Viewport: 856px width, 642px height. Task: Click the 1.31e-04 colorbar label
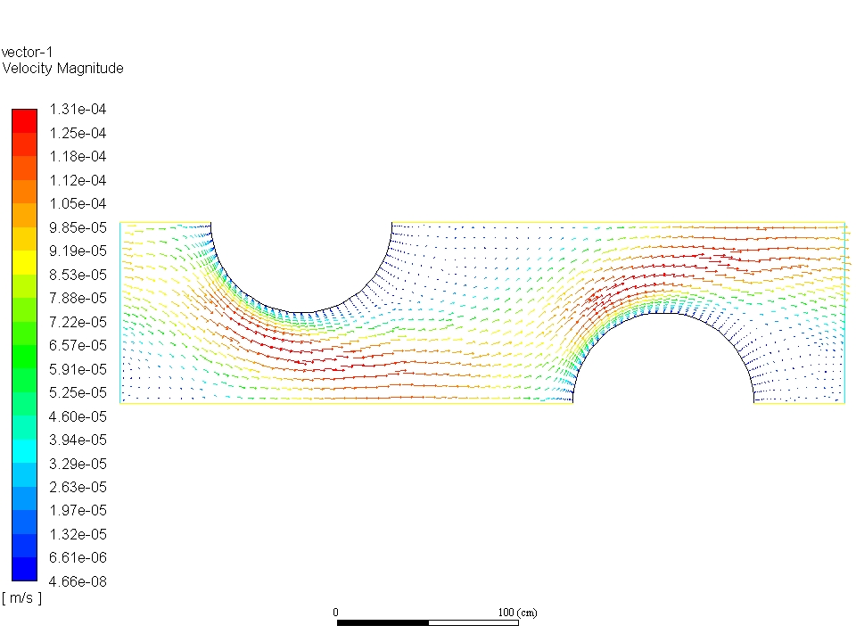click(x=78, y=109)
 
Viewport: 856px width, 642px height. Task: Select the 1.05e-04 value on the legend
click(x=78, y=203)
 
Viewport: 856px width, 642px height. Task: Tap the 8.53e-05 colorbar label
click(x=78, y=275)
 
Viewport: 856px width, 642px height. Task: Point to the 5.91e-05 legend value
click(x=78, y=369)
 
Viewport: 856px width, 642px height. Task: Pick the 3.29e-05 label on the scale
click(x=78, y=464)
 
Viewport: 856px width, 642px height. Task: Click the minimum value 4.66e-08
click(x=78, y=581)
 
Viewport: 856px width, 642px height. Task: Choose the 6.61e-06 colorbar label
click(x=78, y=557)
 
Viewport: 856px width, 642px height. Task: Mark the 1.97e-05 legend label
click(x=78, y=510)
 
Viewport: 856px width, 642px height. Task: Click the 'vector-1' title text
click(x=28, y=53)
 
